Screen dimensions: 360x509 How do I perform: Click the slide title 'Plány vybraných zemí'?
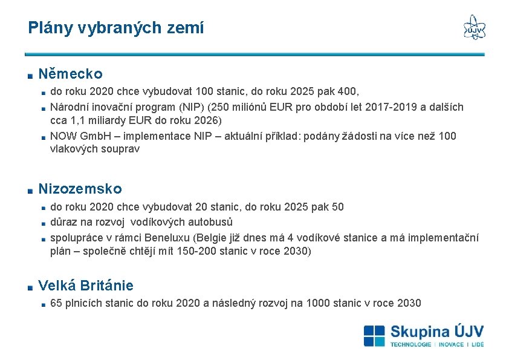tap(115, 28)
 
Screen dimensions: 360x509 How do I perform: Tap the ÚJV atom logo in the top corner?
tap(474, 27)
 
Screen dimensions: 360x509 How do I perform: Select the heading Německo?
tap(70, 74)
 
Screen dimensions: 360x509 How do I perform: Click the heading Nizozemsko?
tap(80, 189)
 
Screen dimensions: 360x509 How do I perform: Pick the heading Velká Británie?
tap(86, 286)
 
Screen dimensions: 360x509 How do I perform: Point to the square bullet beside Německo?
tap(30, 76)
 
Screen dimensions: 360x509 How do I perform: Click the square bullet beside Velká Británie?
tap(30, 287)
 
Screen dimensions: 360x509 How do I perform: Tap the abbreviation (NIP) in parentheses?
tap(190, 107)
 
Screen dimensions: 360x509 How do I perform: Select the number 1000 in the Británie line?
tap(318, 303)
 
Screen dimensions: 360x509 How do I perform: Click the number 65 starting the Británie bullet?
tap(56, 303)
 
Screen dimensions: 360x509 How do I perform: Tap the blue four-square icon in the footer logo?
tap(374, 335)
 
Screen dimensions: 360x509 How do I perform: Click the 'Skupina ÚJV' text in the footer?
tap(436, 332)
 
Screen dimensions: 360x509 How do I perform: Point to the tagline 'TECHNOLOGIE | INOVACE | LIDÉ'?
tap(436, 344)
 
